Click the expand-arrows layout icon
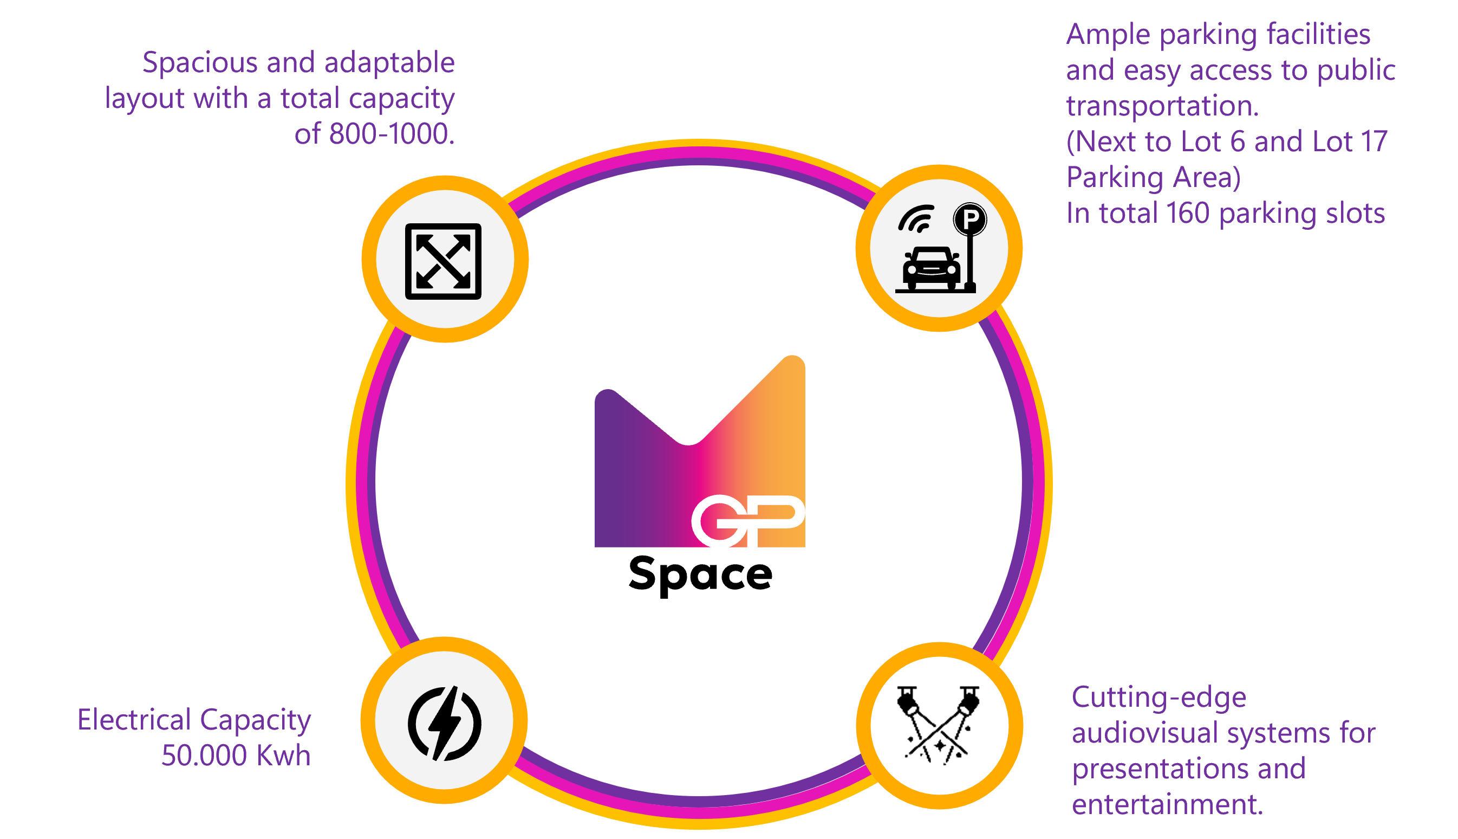(x=443, y=261)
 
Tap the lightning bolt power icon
(x=444, y=722)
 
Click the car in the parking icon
(x=931, y=268)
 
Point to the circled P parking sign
(x=969, y=219)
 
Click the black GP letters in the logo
(x=747, y=520)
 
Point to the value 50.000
(x=204, y=756)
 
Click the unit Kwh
(x=283, y=756)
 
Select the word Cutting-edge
(x=1158, y=697)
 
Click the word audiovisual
(x=1153, y=733)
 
